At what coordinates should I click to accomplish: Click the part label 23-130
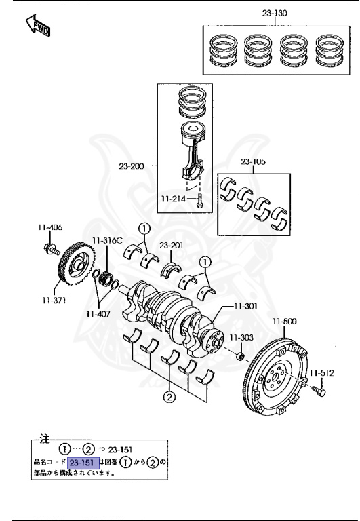(x=275, y=13)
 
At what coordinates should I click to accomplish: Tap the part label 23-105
(x=254, y=161)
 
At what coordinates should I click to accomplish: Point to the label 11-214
(x=174, y=199)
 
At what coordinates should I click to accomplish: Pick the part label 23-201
(x=172, y=246)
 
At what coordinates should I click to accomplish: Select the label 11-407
(x=98, y=313)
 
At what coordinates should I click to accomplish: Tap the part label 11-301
(x=245, y=306)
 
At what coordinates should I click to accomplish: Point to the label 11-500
(x=285, y=321)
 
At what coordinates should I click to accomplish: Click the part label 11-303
(x=240, y=337)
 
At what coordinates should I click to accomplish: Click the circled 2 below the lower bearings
(x=169, y=398)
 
